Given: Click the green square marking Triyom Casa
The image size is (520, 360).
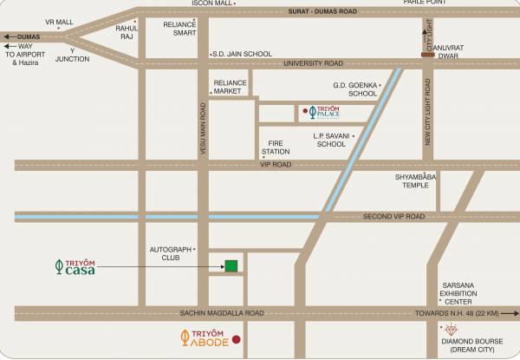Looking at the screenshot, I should tap(231, 265).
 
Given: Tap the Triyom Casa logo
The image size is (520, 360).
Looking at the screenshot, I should tap(74, 266).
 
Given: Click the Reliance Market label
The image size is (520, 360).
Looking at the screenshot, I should tap(231, 86).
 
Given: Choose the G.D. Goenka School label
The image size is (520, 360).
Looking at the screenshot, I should tap(355, 89).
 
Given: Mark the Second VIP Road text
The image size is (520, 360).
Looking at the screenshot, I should tap(393, 216).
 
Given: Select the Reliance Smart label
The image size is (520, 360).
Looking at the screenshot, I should tap(180, 29).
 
